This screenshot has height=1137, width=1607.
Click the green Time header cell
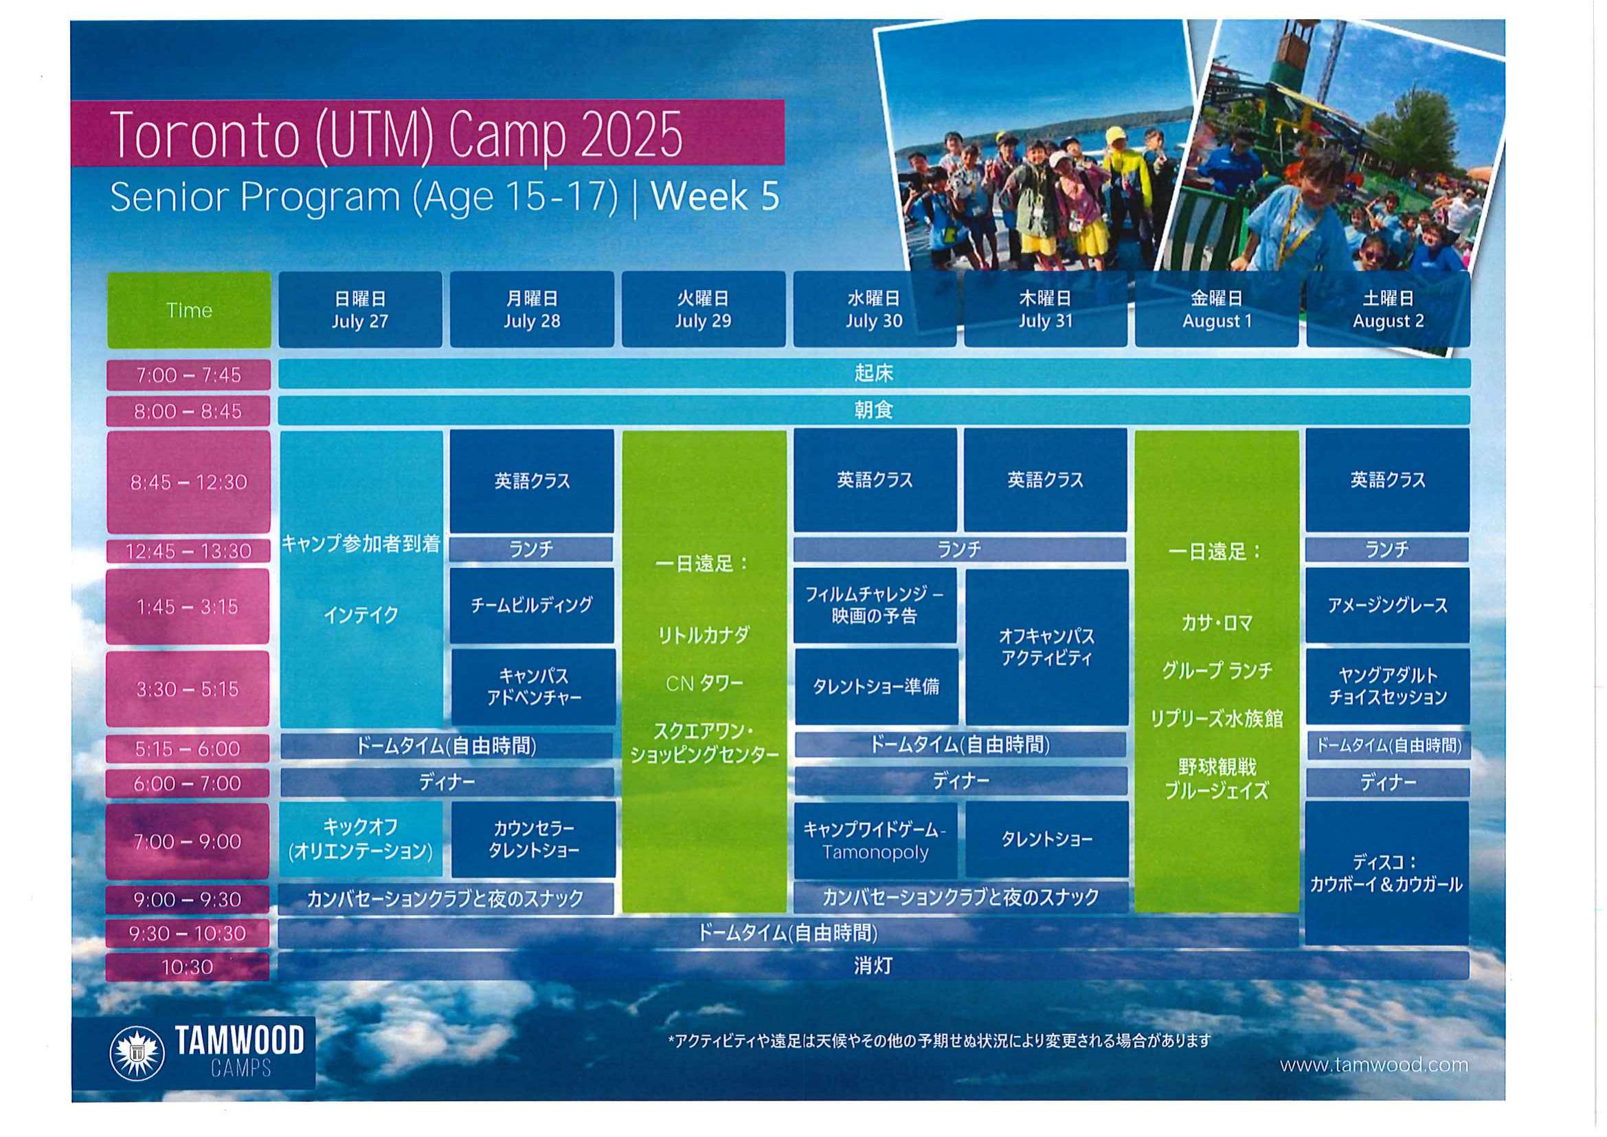189,309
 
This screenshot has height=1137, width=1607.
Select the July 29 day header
704,309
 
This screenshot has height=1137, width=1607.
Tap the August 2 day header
1388,309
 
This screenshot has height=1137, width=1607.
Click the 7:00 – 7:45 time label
188,375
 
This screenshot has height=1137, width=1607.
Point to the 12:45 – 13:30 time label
188,551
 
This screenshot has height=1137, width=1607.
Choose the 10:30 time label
188,967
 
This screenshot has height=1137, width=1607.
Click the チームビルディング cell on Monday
532,606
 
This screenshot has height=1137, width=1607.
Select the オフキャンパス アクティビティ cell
1046,647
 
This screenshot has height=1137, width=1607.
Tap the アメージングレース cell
1388,606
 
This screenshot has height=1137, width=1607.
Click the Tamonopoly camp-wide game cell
875,840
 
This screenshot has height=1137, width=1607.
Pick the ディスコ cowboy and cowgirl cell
1386,873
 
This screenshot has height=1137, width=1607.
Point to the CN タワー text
704,683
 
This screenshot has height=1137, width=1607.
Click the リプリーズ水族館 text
1217,718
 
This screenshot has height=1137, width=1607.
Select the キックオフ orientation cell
361,839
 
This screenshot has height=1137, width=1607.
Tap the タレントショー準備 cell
876,687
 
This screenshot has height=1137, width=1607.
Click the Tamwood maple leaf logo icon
137,1052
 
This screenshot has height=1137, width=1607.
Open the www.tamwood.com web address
1374,1066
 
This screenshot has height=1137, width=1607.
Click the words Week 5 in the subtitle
715,196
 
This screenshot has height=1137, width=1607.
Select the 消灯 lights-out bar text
873,966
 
